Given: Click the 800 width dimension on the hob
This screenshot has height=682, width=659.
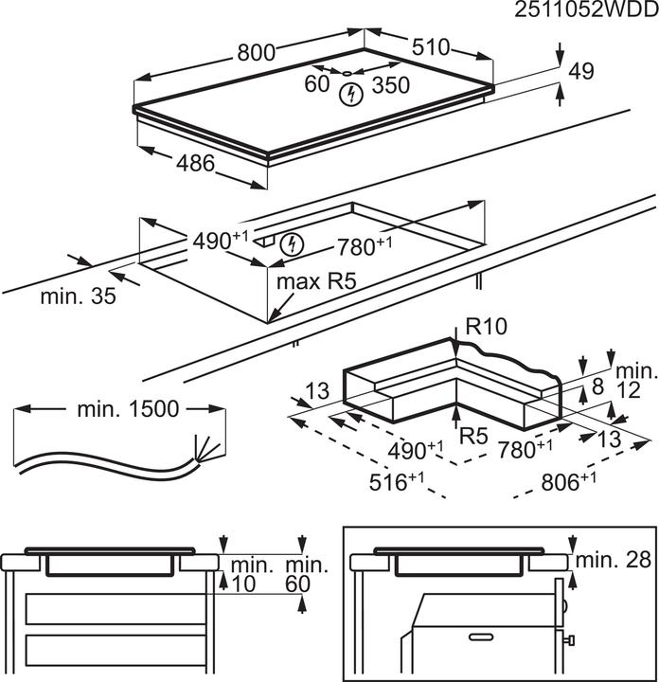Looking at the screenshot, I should (x=257, y=54).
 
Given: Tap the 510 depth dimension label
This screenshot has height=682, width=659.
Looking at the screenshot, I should (x=430, y=47).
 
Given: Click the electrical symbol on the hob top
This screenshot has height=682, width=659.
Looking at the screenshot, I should (x=351, y=94).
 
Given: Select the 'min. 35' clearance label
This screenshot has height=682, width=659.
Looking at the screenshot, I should (x=78, y=296).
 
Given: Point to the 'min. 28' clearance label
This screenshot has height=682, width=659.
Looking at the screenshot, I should (x=620, y=560).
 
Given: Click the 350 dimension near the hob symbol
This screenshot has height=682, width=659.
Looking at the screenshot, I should (x=390, y=85).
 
